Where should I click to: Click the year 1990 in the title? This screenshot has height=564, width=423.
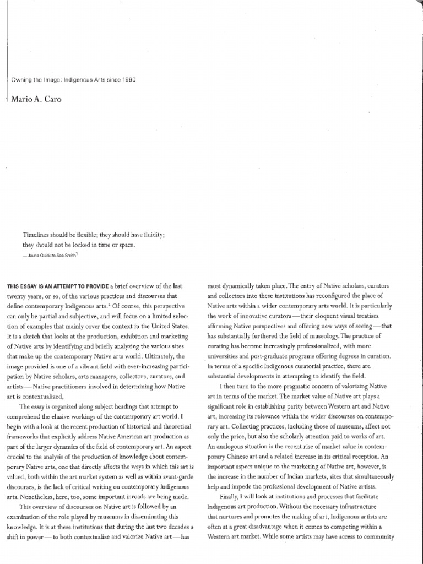128,79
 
